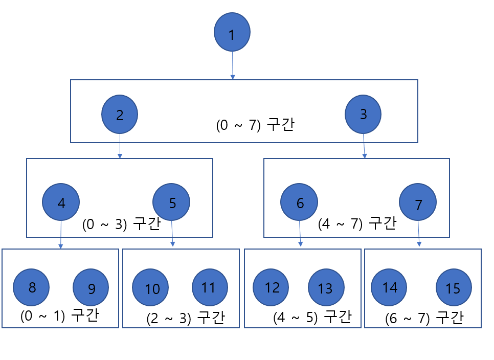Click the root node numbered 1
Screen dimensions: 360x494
click(232, 32)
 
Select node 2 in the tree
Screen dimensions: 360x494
click(120, 114)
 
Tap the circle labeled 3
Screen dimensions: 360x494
click(363, 114)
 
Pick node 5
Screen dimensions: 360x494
click(171, 202)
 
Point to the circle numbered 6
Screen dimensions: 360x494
click(299, 202)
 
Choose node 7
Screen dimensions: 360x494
click(418, 204)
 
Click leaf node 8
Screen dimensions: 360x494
click(31, 287)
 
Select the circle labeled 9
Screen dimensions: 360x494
click(91, 288)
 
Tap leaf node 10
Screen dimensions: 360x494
click(150, 288)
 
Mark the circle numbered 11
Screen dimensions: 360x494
click(210, 287)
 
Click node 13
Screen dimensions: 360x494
click(326, 288)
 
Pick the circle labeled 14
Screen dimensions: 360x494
click(389, 287)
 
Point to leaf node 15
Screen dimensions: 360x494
click(454, 288)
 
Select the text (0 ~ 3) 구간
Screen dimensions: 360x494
click(121, 224)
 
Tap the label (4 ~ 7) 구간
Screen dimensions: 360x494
click(356, 224)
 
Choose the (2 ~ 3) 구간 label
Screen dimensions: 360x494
click(185, 318)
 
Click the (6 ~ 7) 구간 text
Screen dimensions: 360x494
click(424, 318)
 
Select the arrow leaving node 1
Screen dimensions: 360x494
click(233, 65)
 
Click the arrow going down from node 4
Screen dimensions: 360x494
click(61, 235)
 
